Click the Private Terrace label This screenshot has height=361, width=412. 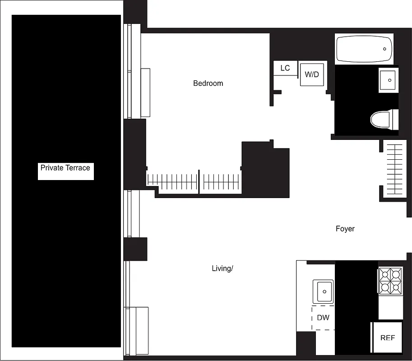click(x=65, y=168)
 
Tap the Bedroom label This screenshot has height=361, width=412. click(x=208, y=83)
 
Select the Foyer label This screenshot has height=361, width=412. click(x=345, y=229)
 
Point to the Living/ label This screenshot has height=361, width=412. click(x=222, y=268)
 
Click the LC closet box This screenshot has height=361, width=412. click(x=285, y=68)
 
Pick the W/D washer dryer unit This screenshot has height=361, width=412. click(x=312, y=74)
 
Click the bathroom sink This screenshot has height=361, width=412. click(x=388, y=80)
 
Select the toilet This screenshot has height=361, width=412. click(x=381, y=119)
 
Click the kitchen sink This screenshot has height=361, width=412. click(x=323, y=291)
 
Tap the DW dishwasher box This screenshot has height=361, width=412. click(x=323, y=318)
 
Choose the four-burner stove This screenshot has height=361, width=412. click(x=390, y=281)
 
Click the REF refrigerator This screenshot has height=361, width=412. click(x=387, y=337)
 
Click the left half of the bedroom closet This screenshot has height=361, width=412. click(x=172, y=182)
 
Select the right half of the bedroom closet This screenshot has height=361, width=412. click(x=221, y=182)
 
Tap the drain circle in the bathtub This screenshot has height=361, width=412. click(x=385, y=49)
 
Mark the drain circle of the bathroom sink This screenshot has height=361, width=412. click(x=389, y=80)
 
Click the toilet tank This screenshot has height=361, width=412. click(x=395, y=118)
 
